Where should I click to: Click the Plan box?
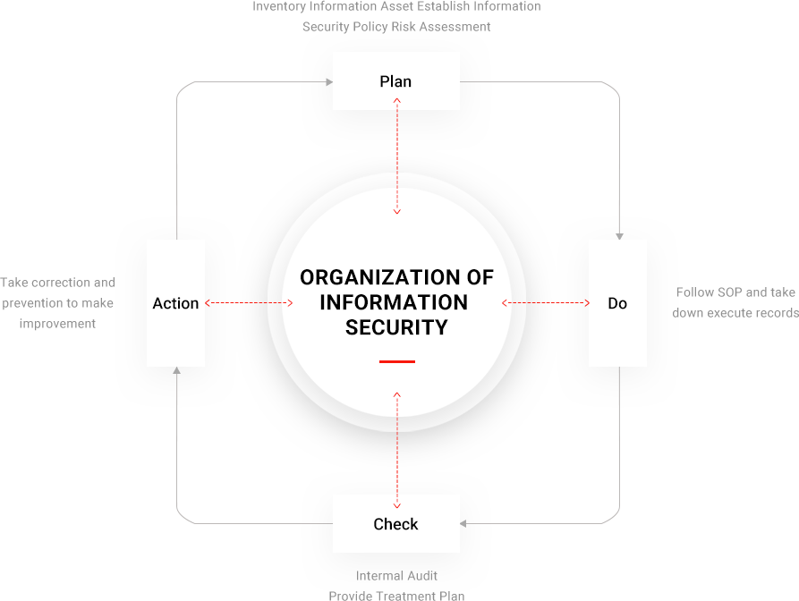pyautogui.click(x=395, y=81)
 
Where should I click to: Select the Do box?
pyautogui.click(x=617, y=303)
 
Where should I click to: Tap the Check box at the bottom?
pyautogui.click(x=395, y=524)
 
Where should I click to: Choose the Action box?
pyautogui.click(x=175, y=303)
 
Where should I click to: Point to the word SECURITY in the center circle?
pyautogui.click(x=396, y=327)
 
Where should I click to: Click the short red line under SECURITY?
pyautogui.click(x=396, y=361)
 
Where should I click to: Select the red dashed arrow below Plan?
pyautogui.click(x=397, y=157)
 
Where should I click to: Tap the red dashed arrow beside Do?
pyautogui.click(x=546, y=303)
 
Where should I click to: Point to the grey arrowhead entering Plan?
pyautogui.click(x=328, y=82)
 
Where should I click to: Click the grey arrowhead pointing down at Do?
pyautogui.click(x=619, y=236)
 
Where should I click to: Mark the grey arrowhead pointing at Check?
pyautogui.click(x=464, y=523)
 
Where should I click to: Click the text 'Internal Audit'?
pyautogui.click(x=396, y=576)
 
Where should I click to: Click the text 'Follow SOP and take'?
pyautogui.click(x=735, y=292)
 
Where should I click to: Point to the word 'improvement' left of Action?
pyautogui.click(x=57, y=323)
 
